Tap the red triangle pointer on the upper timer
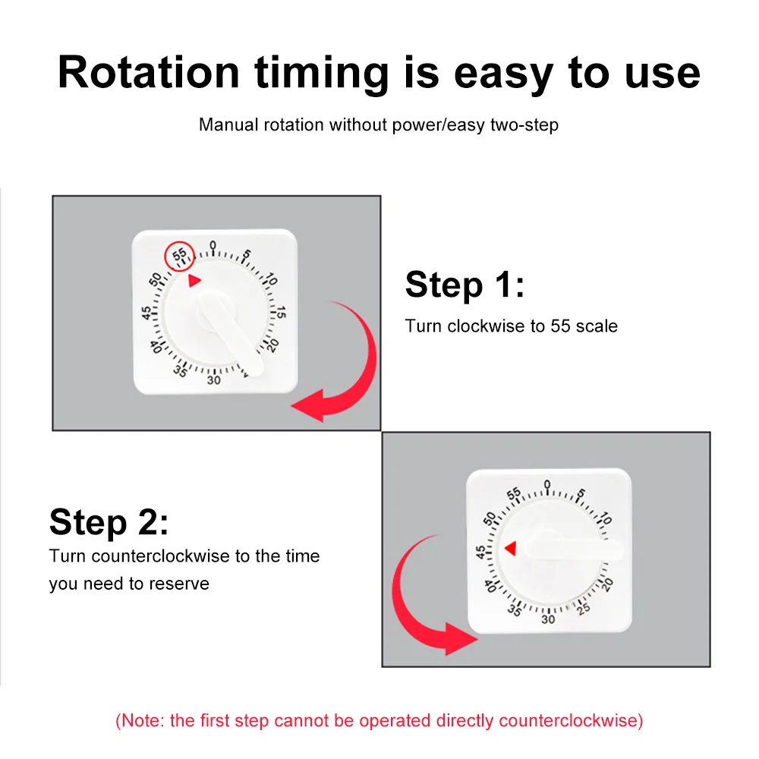pyautogui.click(x=194, y=281)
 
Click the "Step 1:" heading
pyautogui.click(x=465, y=285)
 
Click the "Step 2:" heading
pyautogui.click(x=109, y=523)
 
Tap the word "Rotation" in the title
pyautogui.click(x=148, y=73)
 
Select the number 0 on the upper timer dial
pyautogui.click(x=213, y=245)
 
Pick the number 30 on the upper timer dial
pyautogui.click(x=213, y=379)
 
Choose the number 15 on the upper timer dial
pyautogui.click(x=280, y=312)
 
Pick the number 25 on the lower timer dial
pyautogui.click(x=583, y=608)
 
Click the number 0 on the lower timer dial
pyautogui.click(x=547, y=484)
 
